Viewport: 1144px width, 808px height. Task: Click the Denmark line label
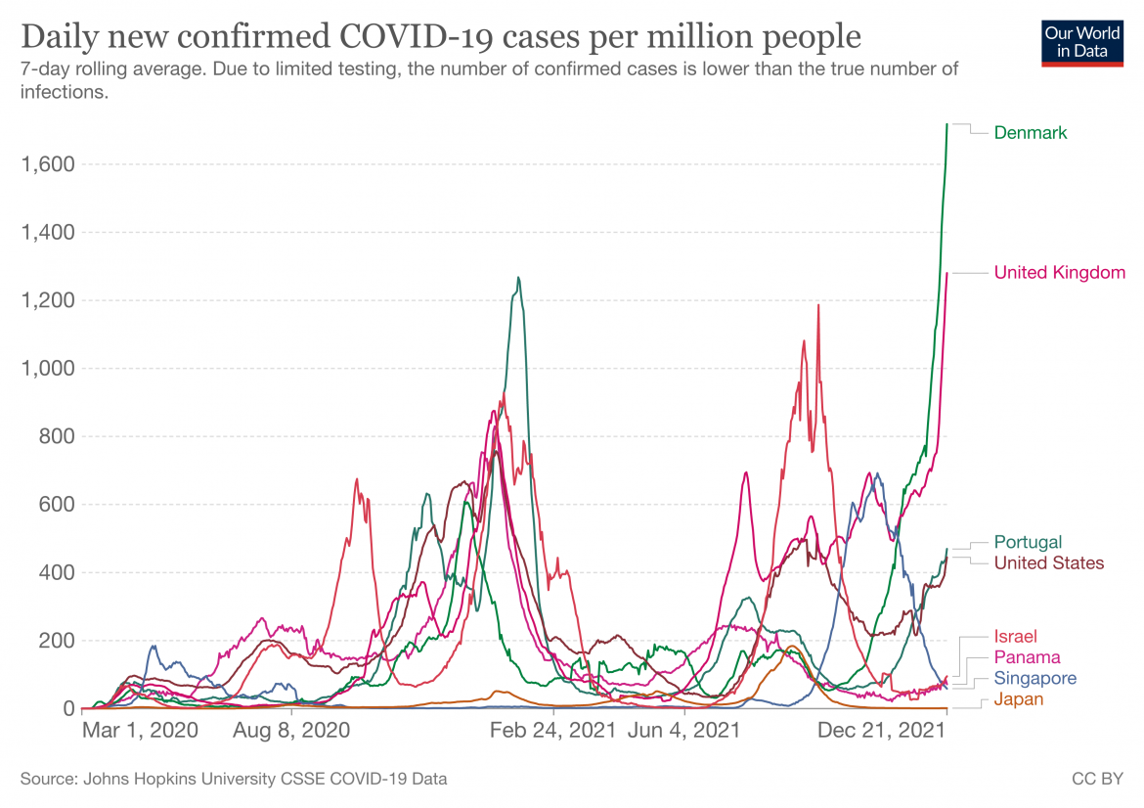coord(1031,133)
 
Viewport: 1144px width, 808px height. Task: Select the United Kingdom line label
coord(1059,273)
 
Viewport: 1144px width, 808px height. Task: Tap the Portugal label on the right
coord(1028,542)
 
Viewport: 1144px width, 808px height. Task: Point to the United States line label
coord(1048,562)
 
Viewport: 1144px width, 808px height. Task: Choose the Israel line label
coord(1015,637)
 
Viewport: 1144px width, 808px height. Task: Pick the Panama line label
coord(1027,657)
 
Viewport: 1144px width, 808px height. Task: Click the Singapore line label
coord(1034,678)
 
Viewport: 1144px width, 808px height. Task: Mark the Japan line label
coord(1018,699)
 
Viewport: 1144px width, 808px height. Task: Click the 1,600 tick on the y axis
coord(48,164)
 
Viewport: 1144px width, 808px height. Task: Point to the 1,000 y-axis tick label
coord(48,369)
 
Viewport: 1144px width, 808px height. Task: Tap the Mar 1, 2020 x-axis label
coord(140,731)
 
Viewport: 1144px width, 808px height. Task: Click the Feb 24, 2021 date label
coord(552,731)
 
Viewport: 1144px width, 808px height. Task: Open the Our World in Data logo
coord(1082,41)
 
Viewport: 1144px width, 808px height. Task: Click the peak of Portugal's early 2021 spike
coord(518,278)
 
